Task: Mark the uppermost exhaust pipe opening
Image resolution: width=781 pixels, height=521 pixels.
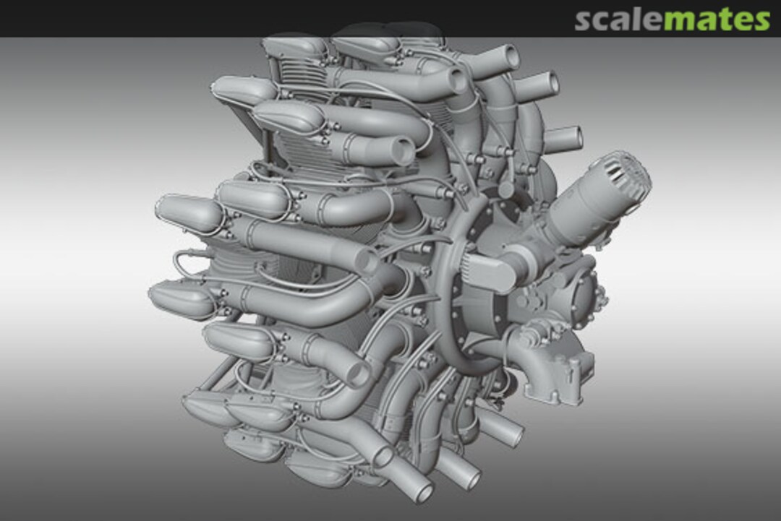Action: pyautogui.click(x=507, y=56)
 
